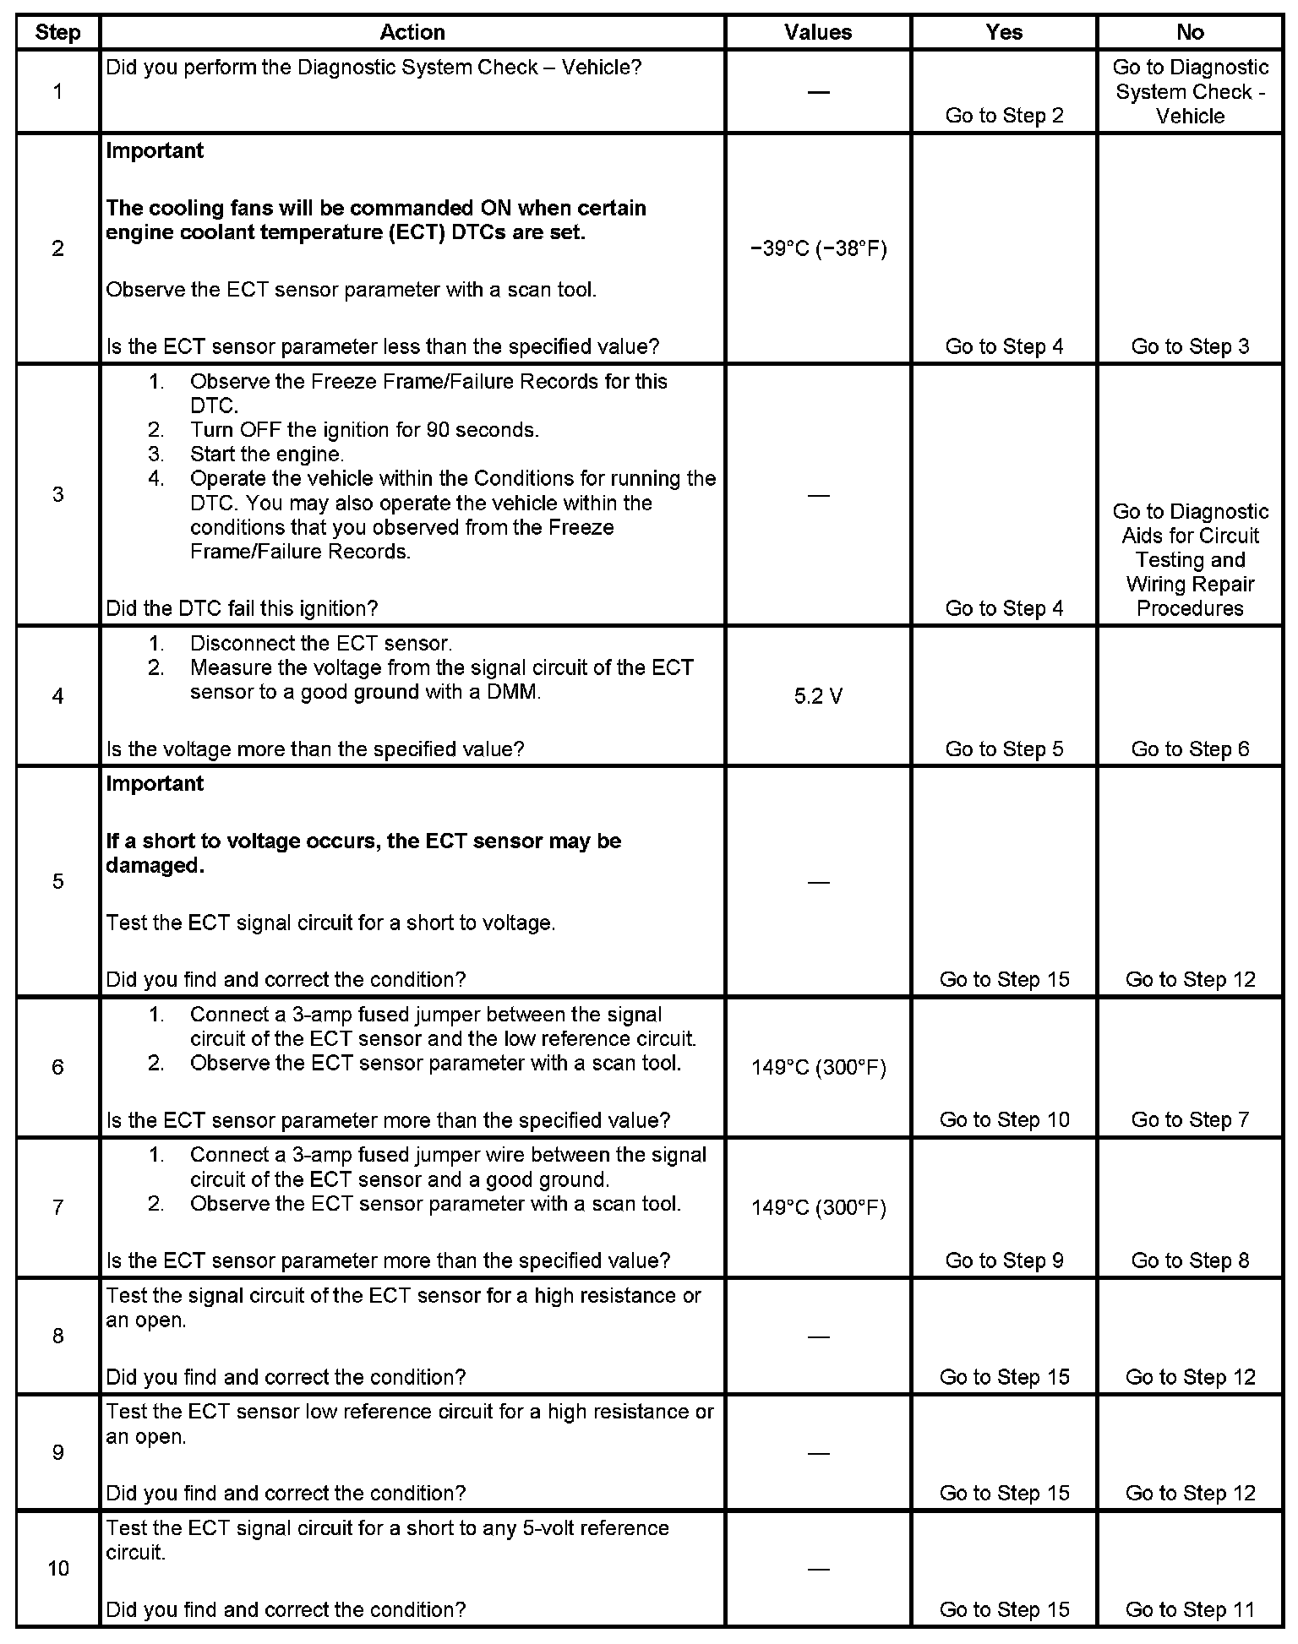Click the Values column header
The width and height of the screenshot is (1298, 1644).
(x=818, y=33)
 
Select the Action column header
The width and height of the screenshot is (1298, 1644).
(x=412, y=33)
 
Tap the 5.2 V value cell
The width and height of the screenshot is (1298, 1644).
(x=818, y=697)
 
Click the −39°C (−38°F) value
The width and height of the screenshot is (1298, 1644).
(x=818, y=249)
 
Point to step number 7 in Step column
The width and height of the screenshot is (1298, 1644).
(x=57, y=1207)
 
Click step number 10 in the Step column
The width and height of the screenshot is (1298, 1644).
(x=57, y=1569)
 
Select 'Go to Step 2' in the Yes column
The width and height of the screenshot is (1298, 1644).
(x=1004, y=116)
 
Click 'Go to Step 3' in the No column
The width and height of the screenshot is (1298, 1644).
(x=1190, y=346)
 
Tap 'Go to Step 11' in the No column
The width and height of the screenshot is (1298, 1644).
(x=1190, y=1610)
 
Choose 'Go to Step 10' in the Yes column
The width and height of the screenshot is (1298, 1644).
(x=1004, y=1120)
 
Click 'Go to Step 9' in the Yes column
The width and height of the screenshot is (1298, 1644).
(x=1004, y=1260)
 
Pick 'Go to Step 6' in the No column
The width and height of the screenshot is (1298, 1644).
(x=1190, y=749)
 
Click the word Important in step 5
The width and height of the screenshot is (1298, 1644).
(x=155, y=784)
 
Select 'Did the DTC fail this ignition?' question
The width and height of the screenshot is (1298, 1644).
(x=242, y=608)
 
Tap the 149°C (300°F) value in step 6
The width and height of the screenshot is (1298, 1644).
(x=818, y=1068)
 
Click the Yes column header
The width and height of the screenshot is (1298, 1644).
(x=1004, y=33)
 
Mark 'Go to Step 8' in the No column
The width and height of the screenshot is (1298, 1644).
(x=1190, y=1260)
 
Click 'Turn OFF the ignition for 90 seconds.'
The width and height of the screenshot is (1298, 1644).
(x=364, y=430)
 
